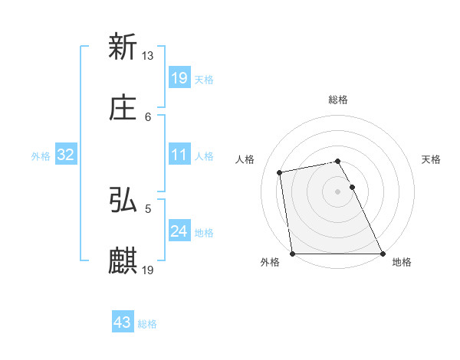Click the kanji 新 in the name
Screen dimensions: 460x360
pos(123,47)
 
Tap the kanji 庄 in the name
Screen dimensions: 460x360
pos(123,109)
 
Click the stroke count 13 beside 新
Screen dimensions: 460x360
pos(148,55)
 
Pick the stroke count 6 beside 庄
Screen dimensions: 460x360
pos(148,116)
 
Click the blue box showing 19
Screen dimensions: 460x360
pos(179,77)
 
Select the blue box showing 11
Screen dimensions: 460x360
pos(179,155)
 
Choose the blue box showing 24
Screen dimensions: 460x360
pos(179,231)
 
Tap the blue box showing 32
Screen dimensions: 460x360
pos(66,155)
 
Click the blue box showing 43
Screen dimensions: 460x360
pos(123,322)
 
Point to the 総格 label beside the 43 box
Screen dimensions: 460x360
pos(147,324)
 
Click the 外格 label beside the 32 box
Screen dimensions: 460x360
pos(41,156)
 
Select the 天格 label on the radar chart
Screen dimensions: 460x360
pos(432,159)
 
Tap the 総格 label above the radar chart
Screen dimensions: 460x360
pos(338,100)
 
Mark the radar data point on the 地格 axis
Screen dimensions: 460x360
pos(383,254)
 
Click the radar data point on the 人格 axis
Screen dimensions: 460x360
pos(281,172)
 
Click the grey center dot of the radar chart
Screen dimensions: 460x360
pos(338,191)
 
